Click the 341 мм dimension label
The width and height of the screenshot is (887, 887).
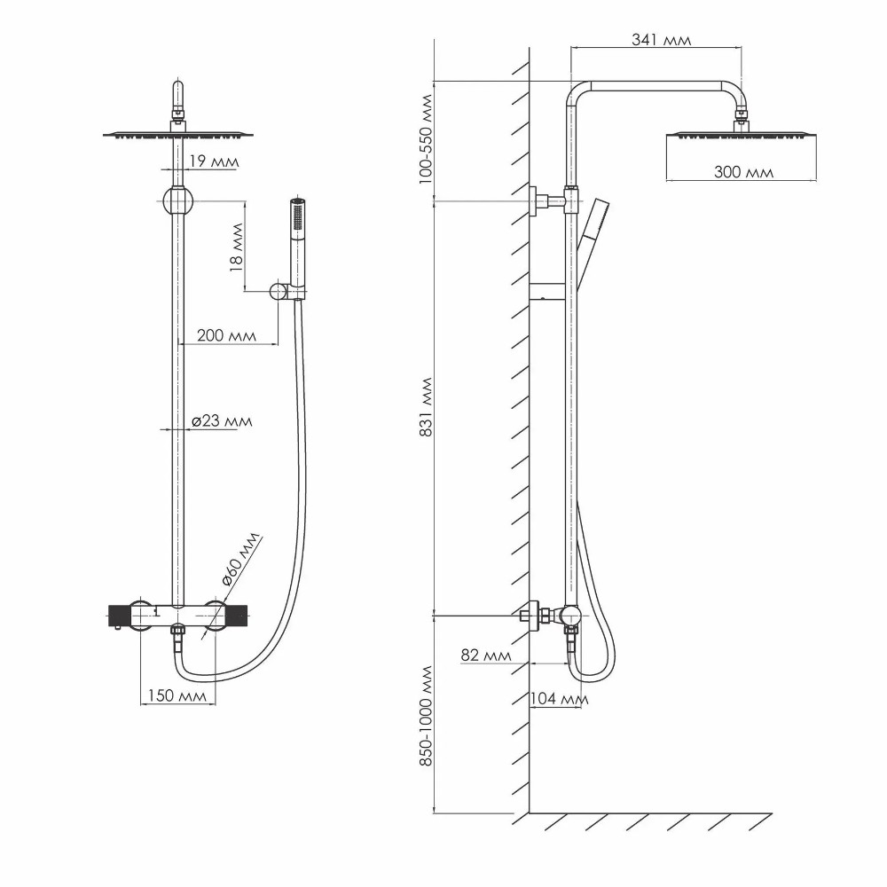661,40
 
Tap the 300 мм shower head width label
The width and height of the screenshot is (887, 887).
743,172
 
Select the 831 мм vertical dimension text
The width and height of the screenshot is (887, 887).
426,407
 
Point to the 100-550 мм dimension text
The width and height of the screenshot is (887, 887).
426,139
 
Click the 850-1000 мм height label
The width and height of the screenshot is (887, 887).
426,716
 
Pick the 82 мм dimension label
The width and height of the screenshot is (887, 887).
486,655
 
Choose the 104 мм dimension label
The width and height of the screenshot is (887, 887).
559,699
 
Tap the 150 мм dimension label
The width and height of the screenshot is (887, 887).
177,695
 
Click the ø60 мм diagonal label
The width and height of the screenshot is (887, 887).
240,559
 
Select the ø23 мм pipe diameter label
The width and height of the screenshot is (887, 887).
222,421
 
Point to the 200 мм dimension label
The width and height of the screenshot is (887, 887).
226,335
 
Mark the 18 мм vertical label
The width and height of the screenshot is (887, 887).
237,247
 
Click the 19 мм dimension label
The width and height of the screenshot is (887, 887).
213,161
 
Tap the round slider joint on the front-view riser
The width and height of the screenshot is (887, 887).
177,201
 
